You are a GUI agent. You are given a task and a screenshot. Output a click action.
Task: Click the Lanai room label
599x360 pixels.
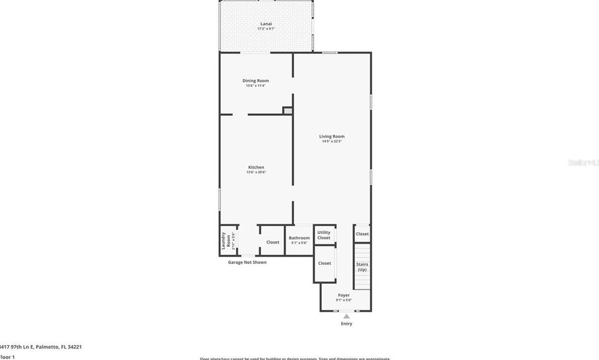(266, 24)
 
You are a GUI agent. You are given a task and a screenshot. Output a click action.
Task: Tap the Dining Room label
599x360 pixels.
(256, 80)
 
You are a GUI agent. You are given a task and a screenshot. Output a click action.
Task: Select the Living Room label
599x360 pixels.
(332, 136)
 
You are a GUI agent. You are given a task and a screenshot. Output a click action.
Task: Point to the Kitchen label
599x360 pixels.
(256, 167)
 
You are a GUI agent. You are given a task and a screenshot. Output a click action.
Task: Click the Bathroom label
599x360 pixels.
(299, 238)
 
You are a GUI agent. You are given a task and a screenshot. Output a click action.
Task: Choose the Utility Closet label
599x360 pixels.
(324, 235)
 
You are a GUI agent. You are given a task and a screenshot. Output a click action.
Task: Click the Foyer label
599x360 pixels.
(344, 295)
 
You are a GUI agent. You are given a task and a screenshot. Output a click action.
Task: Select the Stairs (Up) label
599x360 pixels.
(362, 267)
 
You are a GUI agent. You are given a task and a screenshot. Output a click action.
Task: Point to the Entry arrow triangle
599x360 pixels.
(346, 316)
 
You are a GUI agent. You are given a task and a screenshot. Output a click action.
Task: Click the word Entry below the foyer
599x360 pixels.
(346, 324)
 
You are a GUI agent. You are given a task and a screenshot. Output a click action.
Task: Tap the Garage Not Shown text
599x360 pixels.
(247, 262)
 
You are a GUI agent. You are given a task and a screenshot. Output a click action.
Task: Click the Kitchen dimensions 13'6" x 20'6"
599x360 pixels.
(256, 173)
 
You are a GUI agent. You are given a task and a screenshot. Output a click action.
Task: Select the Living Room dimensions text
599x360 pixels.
(332, 142)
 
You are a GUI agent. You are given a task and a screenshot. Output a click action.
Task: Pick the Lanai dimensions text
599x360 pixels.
(266, 29)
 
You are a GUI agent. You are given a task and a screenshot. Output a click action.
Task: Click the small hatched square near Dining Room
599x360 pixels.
(288, 110)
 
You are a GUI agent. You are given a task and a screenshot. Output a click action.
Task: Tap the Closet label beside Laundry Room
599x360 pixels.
(272, 242)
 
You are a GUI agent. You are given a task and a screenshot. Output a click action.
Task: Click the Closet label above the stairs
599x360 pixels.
(362, 234)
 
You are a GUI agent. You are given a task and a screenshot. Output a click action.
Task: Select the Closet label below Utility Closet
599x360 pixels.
(325, 263)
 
